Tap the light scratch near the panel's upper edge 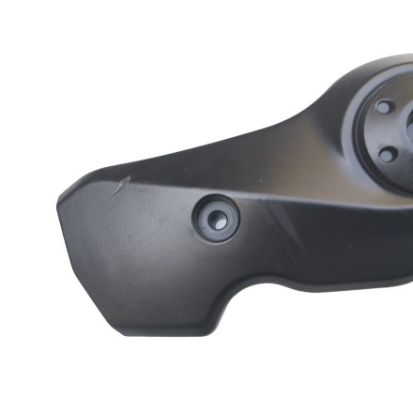(x=117, y=187)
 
